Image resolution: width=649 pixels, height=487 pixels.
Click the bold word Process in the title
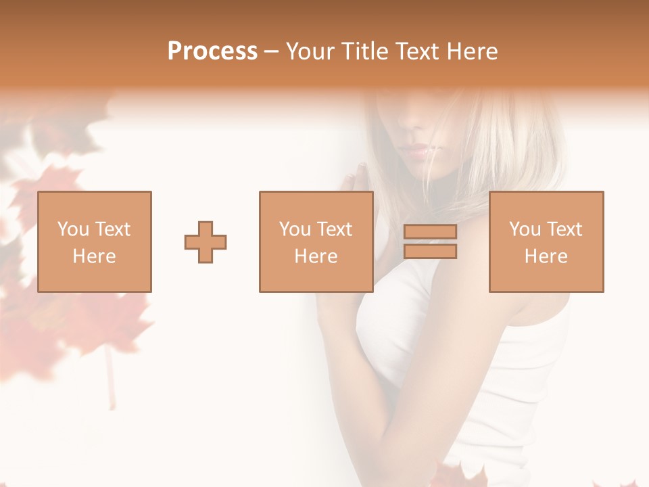pos(212,51)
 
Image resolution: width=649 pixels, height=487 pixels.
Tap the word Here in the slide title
pos(473,51)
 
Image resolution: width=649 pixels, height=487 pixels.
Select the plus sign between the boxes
pos(206,242)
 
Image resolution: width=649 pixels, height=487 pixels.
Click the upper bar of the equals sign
pos(430,232)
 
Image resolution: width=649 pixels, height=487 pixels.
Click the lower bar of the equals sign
pos(430,252)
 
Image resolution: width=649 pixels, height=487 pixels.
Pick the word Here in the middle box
pos(316,256)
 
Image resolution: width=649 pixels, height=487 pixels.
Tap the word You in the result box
pos(525,229)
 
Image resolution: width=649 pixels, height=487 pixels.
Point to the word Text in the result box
pos(564,229)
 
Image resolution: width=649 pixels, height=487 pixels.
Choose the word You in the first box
pos(73,229)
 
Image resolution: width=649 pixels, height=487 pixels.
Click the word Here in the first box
pos(95,256)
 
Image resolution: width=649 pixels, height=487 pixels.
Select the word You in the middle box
pos(295,229)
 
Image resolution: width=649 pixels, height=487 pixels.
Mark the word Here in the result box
pos(546,256)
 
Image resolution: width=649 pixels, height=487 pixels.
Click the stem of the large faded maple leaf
pos(108,379)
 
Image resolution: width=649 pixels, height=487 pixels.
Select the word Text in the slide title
pos(420,51)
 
